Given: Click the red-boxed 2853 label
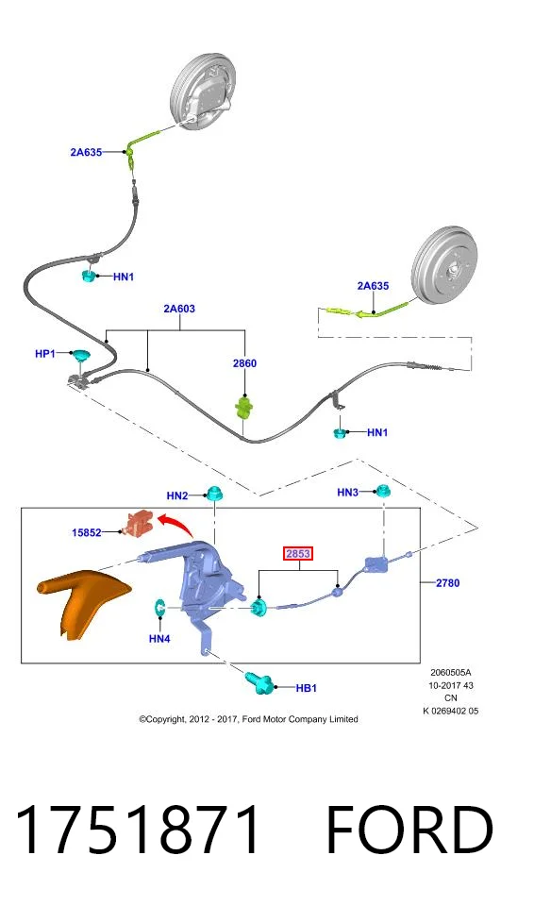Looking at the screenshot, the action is click(x=298, y=554).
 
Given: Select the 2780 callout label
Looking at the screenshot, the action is click(x=448, y=583).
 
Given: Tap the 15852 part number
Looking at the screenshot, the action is click(x=87, y=532).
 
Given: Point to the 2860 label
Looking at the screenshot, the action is click(x=244, y=363).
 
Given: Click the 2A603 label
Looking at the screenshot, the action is click(x=179, y=309).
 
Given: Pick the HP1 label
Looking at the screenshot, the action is click(x=45, y=354).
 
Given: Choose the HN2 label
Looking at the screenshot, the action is click(x=177, y=495).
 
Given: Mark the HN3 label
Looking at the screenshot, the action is click(x=348, y=493).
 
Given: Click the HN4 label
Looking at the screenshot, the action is click(x=159, y=639).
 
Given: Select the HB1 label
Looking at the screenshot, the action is click(x=307, y=688).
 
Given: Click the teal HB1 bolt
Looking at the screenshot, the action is click(x=260, y=683).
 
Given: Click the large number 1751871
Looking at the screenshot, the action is click(x=138, y=830).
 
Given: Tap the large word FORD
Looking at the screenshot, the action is click(x=409, y=830).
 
